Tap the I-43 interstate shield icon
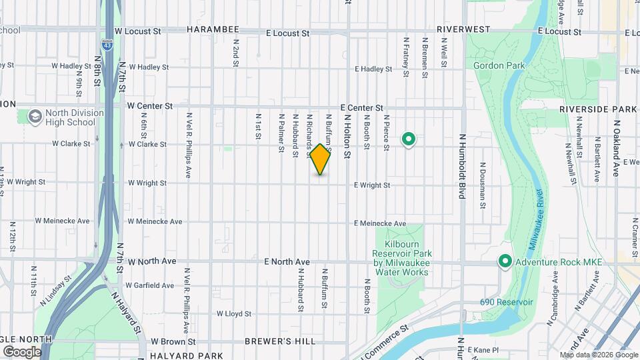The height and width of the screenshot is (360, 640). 107,45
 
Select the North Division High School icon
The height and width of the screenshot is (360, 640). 34,117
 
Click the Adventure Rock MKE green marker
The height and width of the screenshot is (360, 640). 505,262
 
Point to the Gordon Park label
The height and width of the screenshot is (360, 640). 499,65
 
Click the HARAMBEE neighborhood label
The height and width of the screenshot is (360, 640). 212,31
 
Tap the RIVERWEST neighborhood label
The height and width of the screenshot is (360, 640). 464,30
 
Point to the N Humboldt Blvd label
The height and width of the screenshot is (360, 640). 461,166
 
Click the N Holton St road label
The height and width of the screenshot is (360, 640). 347,135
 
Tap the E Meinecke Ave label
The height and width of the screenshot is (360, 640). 380,223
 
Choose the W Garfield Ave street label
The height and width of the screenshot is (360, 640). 151,285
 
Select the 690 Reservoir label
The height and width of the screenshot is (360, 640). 507,302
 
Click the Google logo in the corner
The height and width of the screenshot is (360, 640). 22,351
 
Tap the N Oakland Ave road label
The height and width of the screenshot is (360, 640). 616,148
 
